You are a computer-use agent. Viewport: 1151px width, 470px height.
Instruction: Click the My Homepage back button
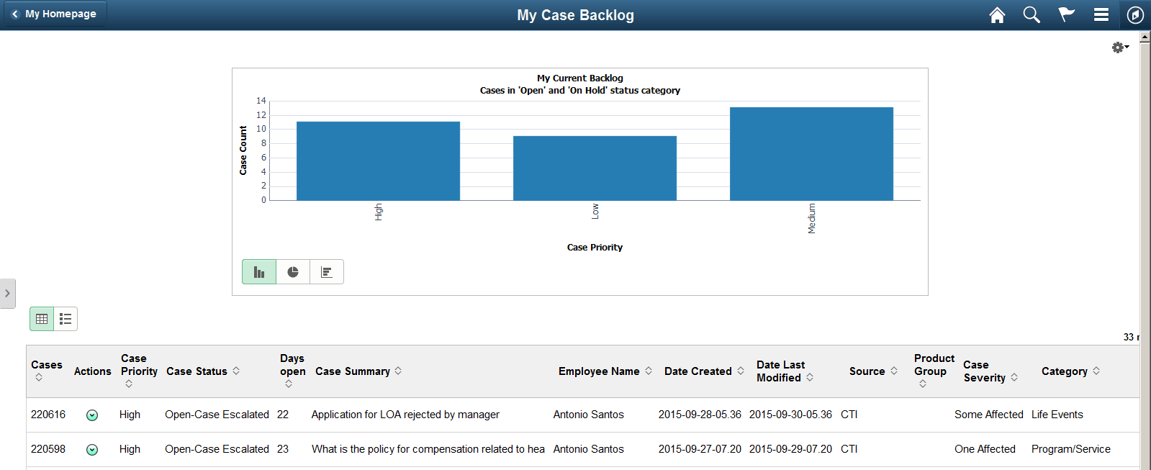[55, 14]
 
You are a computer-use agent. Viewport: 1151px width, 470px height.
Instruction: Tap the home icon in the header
[997, 15]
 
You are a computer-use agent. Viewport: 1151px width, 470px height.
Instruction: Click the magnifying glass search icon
[1032, 15]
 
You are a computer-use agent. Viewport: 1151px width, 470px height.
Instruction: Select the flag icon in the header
[1066, 15]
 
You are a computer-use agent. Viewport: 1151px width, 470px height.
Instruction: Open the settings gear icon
[1119, 48]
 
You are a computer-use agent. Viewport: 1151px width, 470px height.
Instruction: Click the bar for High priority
[378, 161]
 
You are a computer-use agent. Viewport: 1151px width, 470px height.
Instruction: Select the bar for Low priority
[595, 168]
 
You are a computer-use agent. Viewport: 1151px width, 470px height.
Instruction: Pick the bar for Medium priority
[811, 154]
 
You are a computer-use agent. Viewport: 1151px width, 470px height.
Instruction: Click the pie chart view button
[293, 272]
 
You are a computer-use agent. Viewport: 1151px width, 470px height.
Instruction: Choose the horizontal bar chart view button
[327, 272]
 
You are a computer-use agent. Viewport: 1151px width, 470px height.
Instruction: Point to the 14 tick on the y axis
[261, 101]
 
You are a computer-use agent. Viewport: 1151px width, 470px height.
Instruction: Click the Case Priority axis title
[595, 248]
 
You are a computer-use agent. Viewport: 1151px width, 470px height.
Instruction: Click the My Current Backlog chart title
[580, 78]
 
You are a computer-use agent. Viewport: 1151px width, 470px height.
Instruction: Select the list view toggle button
[66, 319]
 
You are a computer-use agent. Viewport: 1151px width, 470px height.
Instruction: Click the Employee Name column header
[599, 371]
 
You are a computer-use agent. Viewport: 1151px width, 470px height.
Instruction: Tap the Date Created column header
[698, 371]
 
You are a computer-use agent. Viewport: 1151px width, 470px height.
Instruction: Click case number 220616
[48, 415]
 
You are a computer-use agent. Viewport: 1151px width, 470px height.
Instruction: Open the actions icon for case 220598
[92, 450]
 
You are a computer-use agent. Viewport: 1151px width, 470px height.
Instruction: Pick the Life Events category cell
[1057, 415]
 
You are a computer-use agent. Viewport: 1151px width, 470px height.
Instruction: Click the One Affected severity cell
[985, 449]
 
